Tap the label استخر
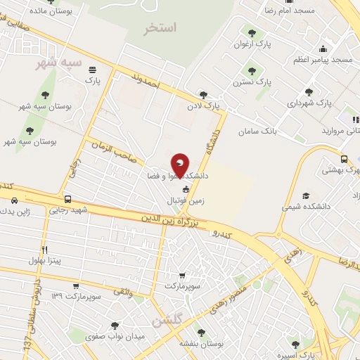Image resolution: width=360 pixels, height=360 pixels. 160,28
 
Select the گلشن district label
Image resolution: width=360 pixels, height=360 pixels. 167,321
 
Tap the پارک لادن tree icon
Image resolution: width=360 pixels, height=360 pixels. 204,95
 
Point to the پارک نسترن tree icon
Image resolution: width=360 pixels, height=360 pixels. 250,70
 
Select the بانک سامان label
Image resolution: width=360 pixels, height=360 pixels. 259,131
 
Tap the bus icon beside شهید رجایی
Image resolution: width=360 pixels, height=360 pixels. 67,199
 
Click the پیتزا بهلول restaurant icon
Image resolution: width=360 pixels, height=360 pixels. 45,250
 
